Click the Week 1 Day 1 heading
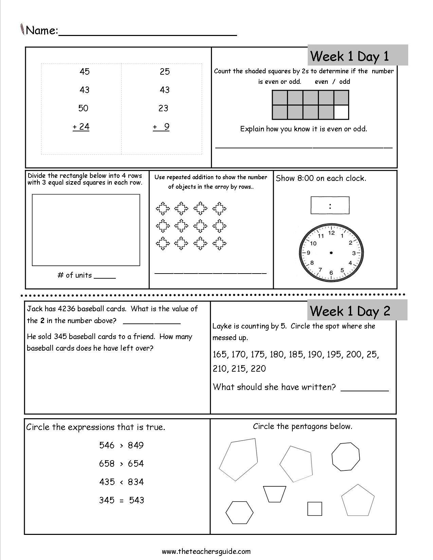click(350, 56)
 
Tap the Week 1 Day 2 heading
click(350, 311)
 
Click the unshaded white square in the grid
click(341, 112)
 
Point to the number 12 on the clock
click(331, 233)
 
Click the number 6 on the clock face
click(331, 273)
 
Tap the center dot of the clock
click(331, 253)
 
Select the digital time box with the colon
click(330, 205)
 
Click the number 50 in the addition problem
click(83, 108)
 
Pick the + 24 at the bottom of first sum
click(81, 127)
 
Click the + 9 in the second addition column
click(161, 127)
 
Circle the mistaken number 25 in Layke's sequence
click(372, 355)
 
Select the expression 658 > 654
click(121, 464)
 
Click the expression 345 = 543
click(121, 500)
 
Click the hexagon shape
click(239, 512)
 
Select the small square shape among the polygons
click(314, 509)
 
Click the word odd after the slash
click(344, 81)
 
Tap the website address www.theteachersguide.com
click(206, 551)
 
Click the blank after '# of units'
click(105, 276)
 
